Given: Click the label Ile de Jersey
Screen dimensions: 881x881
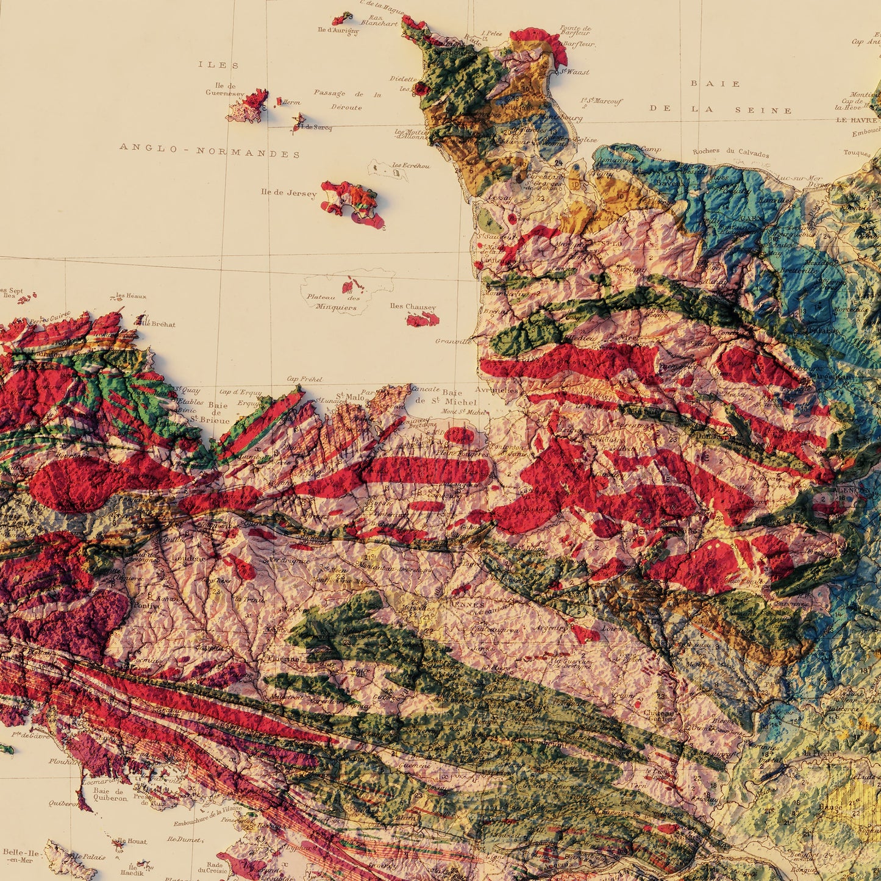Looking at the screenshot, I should coord(288,193).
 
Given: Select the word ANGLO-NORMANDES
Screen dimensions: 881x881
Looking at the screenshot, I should coord(210,150).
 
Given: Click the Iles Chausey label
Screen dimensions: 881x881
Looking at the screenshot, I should coord(413,307).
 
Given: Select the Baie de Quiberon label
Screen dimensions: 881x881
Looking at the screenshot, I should coord(110,794).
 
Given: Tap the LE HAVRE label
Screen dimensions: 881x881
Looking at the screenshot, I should coord(857,120).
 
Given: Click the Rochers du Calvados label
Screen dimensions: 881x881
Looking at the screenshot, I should coord(730,152).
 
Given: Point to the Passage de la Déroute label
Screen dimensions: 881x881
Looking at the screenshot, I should coord(347,100).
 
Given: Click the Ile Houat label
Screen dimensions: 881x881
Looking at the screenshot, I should coord(131,841).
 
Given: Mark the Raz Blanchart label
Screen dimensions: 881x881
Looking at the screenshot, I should coord(378,21).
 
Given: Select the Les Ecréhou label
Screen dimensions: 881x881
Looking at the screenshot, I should coord(410,166).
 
